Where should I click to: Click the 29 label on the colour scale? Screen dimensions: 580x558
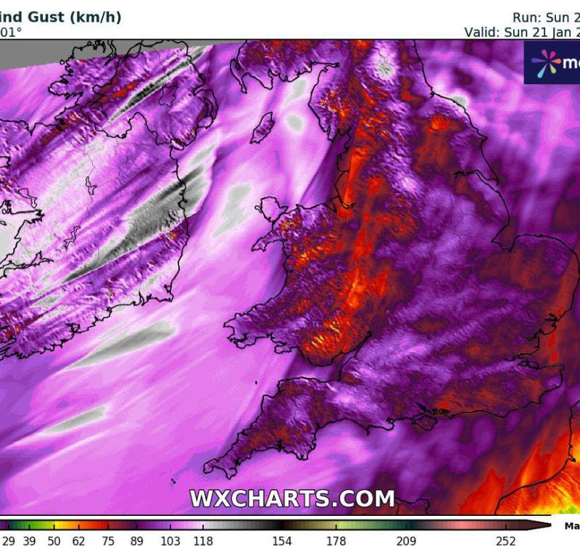9,541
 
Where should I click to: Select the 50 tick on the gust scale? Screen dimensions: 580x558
54,541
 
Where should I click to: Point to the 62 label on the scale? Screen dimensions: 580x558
79,541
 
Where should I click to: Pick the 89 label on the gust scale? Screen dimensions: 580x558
136,541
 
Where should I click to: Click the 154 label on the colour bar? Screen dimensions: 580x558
282,541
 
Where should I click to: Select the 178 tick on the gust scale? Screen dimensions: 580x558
336,541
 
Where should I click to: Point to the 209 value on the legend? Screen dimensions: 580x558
406,541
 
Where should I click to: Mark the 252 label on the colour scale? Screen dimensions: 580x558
505,541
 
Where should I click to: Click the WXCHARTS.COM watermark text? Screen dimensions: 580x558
292,498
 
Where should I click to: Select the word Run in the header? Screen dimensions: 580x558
526,17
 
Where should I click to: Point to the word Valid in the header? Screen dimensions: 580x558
481,32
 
